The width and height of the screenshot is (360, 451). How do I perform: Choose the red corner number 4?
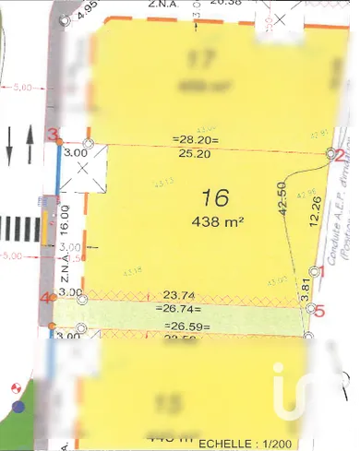45,298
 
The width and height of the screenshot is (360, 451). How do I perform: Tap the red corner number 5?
320,311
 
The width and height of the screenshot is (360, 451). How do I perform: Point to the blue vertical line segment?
59,169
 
